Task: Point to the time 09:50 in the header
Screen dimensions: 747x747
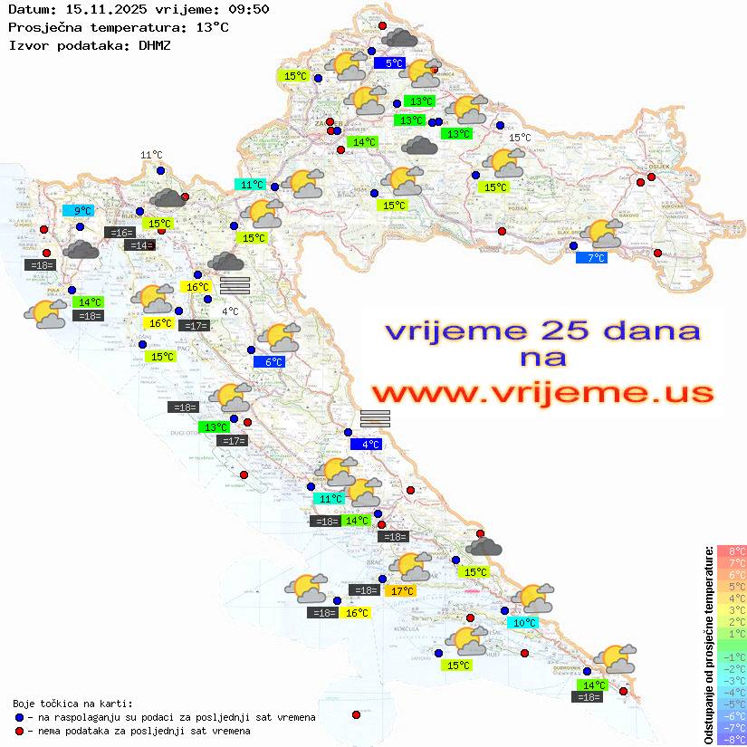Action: click(248, 10)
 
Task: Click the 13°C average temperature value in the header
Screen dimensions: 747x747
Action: click(212, 27)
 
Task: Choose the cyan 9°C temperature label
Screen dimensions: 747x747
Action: click(81, 211)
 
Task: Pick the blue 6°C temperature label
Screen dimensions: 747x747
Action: click(273, 362)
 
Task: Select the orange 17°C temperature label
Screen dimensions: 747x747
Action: click(400, 590)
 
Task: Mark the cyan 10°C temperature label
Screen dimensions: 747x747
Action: click(522, 623)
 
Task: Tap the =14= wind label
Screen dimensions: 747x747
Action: click(139, 244)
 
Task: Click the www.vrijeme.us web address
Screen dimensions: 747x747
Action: click(542, 393)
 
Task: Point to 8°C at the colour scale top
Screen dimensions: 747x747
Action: click(732, 551)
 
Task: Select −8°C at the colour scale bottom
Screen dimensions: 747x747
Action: click(732, 739)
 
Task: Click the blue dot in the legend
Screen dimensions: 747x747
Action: click(19, 717)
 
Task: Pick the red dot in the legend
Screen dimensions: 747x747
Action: click(19, 731)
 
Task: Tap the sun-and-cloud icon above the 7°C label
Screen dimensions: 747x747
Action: click(604, 233)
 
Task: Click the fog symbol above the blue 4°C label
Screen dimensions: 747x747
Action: click(375, 417)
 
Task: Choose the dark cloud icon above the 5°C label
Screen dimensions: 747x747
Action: click(399, 38)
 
